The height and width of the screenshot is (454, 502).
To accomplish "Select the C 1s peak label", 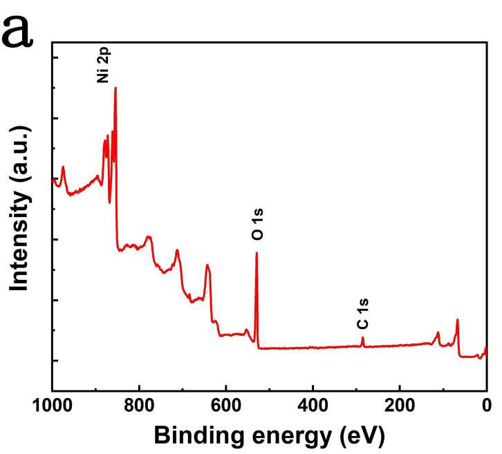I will pos(362,319).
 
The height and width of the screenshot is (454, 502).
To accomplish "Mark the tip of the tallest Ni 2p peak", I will pos(115,88).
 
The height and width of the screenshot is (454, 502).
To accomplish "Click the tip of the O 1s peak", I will pos(257,253).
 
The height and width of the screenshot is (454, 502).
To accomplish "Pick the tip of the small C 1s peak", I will pos(363,337).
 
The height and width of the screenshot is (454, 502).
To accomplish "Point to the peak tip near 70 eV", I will pos(457,319).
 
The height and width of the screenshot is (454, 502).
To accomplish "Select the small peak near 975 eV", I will pos(63,167).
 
